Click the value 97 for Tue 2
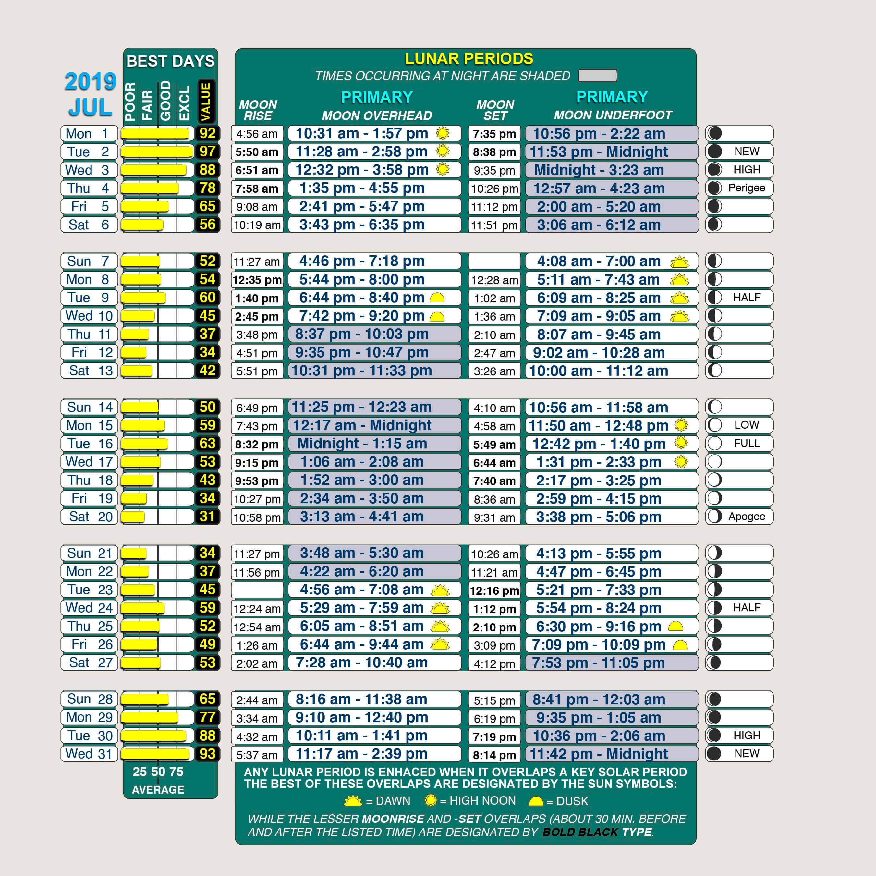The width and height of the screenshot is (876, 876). pyautogui.click(x=207, y=152)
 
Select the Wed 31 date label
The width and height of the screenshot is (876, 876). pyautogui.click(x=89, y=754)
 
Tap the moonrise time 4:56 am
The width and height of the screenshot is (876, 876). pyautogui.click(x=257, y=134)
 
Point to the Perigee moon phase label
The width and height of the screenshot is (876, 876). pyautogui.click(x=746, y=188)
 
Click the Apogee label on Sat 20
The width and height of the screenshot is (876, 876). pyautogui.click(x=746, y=517)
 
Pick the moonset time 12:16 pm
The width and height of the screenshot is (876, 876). pyautogui.click(x=494, y=590)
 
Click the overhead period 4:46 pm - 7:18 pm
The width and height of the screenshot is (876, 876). pyautogui.click(x=362, y=261)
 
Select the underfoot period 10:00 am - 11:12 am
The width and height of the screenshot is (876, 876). pyautogui.click(x=599, y=371)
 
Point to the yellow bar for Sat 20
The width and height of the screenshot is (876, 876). pyautogui.click(x=133, y=517)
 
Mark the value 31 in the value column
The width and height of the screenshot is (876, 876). pyautogui.click(x=207, y=517)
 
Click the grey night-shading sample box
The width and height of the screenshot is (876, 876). pyautogui.click(x=598, y=76)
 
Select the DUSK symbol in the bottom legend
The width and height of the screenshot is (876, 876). pyautogui.click(x=536, y=801)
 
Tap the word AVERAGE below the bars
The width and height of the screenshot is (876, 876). pyautogui.click(x=158, y=790)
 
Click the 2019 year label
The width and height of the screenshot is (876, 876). pyautogui.click(x=90, y=82)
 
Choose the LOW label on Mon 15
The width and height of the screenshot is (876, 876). pyautogui.click(x=746, y=425)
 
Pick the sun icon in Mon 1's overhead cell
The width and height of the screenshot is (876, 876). pyautogui.click(x=443, y=133)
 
